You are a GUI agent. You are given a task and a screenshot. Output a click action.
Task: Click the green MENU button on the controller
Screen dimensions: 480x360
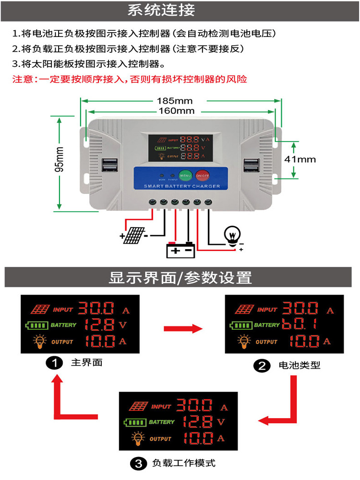tap(185, 176)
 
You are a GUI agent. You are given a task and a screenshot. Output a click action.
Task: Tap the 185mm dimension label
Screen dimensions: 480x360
tap(174, 101)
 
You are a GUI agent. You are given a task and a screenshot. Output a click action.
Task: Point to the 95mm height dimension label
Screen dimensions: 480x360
tap(59, 159)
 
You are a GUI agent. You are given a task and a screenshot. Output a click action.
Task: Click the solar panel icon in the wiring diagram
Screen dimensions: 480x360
tap(134, 235)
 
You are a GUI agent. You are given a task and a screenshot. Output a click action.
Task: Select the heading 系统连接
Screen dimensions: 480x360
tap(161, 10)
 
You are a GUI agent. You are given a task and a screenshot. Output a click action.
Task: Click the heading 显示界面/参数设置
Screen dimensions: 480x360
tap(180, 278)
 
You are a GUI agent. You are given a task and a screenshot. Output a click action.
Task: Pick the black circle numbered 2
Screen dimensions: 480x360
tap(262, 366)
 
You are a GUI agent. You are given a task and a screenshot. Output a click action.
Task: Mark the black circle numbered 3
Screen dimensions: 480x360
tap(138, 463)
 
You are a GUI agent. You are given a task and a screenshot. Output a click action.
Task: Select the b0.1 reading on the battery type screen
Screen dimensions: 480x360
tap(300, 324)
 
